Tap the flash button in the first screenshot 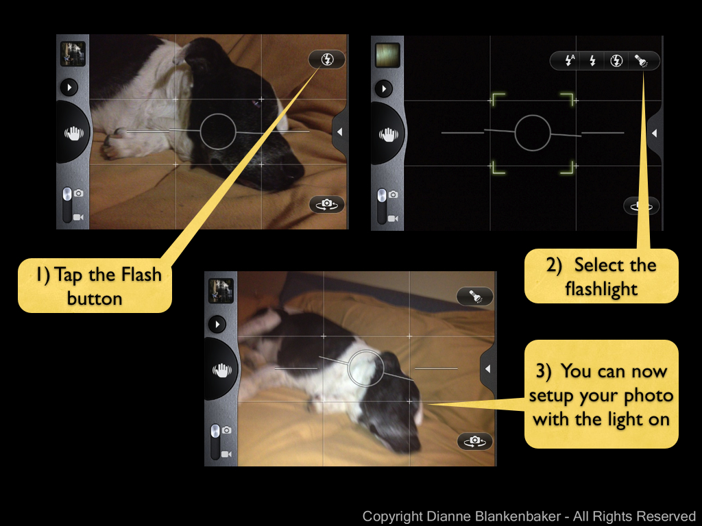(x=327, y=60)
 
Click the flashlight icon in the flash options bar (x=642, y=61)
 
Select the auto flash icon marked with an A (x=570, y=60)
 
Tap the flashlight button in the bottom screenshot (x=474, y=296)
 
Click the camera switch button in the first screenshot (x=327, y=204)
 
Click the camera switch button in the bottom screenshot (x=474, y=442)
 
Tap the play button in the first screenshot (x=69, y=87)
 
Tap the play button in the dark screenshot (x=384, y=88)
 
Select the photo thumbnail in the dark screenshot (x=387, y=55)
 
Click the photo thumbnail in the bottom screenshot (x=221, y=290)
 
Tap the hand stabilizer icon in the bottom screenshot (x=221, y=370)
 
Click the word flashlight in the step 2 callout (x=601, y=289)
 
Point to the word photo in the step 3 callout (x=649, y=396)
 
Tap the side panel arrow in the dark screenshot (x=654, y=134)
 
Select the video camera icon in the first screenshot (x=78, y=217)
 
